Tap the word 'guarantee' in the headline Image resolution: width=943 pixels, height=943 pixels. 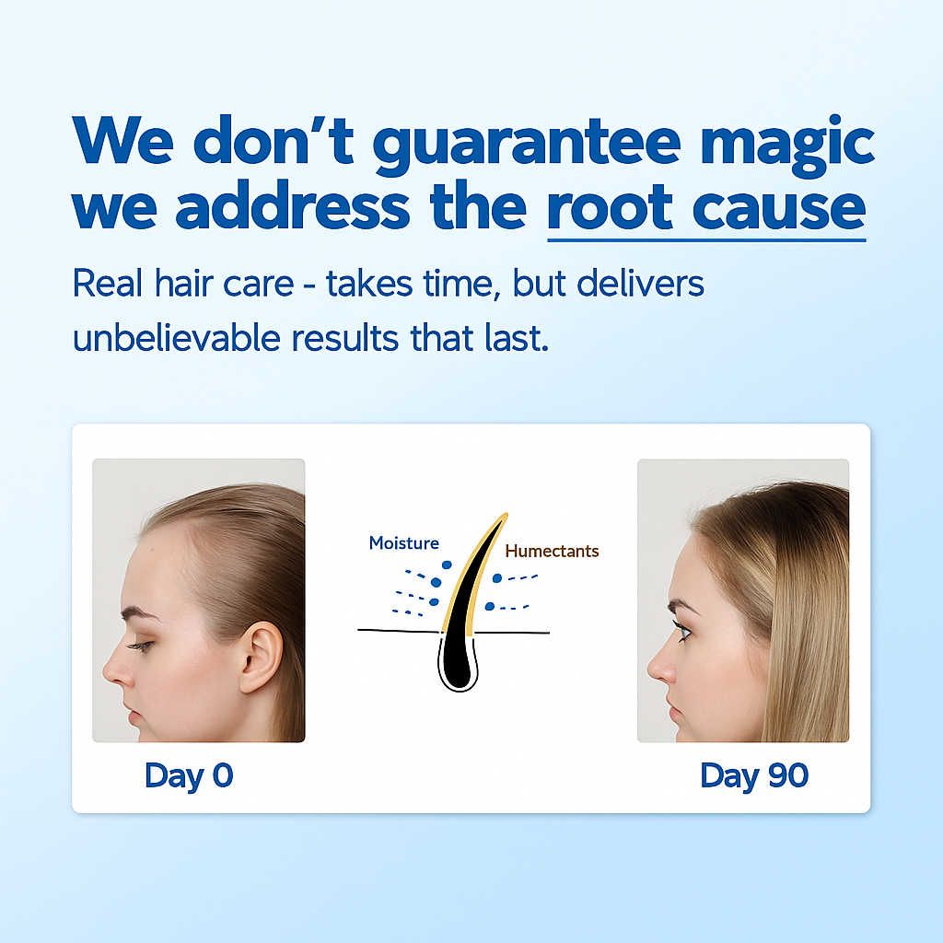[x=527, y=146]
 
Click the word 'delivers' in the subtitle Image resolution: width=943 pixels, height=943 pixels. [x=640, y=283]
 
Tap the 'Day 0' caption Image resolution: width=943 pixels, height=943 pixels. [x=189, y=776]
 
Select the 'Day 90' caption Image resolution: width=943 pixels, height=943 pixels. [x=754, y=776]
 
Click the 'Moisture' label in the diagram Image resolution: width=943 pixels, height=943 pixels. [x=403, y=543]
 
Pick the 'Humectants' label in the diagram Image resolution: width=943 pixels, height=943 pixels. [x=552, y=551]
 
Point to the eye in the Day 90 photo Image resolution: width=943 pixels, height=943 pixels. [x=682, y=631]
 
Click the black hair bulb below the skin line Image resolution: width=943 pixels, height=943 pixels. [x=459, y=661]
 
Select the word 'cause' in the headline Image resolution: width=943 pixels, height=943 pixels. [x=779, y=208]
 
